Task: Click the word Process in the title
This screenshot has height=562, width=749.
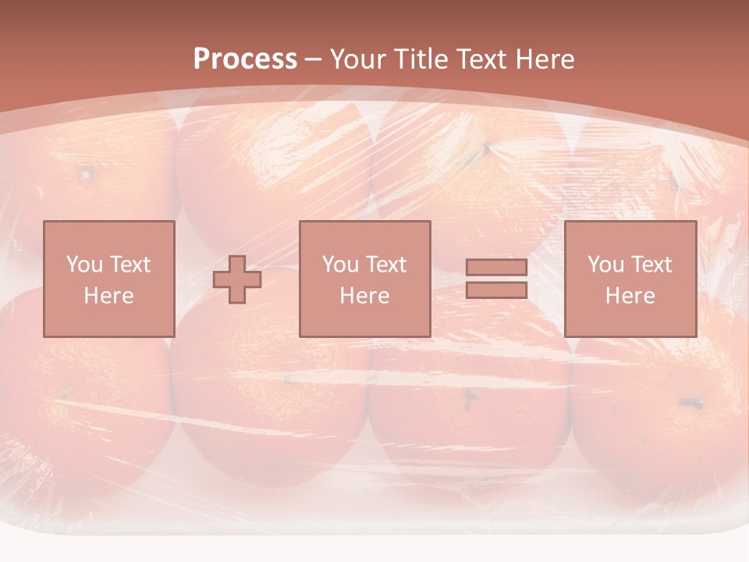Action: click(245, 59)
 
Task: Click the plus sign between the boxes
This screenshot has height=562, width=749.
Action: click(237, 279)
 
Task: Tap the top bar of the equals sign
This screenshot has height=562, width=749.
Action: click(496, 268)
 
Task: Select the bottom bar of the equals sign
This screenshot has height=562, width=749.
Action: click(496, 290)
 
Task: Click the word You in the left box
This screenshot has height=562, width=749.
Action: click(84, 265)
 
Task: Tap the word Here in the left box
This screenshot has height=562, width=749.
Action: click(108, 296)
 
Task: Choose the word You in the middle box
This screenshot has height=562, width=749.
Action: click(340, 265)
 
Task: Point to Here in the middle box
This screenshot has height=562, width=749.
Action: click(364, 296)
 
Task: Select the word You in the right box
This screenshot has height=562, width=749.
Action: click(605, 265)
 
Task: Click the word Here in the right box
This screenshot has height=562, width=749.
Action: click(630, 296)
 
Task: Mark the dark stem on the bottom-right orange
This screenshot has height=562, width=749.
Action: click(690, 403)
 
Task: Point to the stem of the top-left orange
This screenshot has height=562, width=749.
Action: click(85, 173)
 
